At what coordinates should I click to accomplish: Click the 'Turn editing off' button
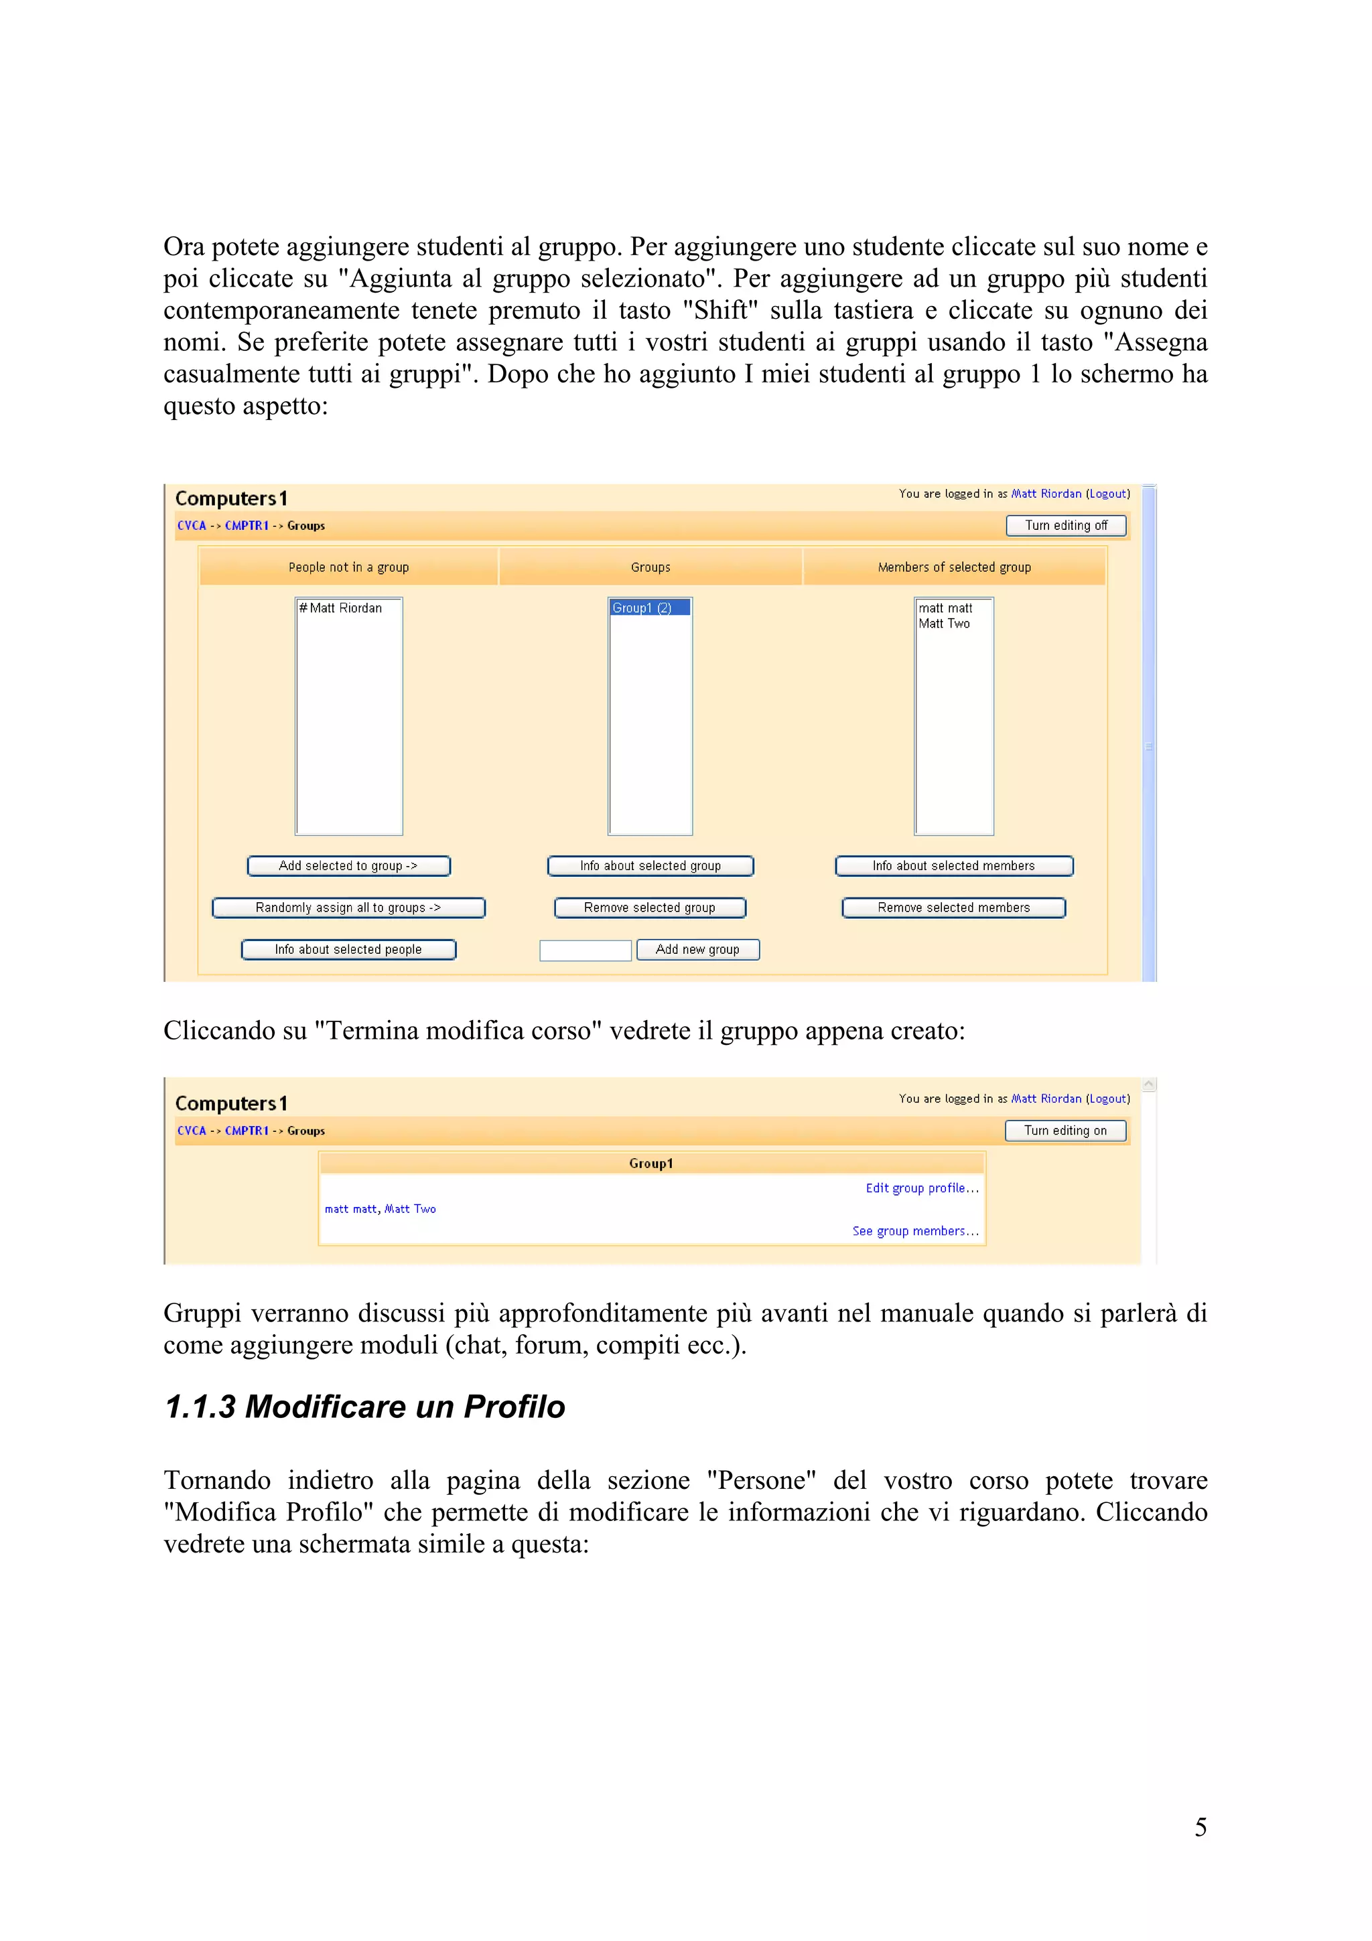[1065, 525]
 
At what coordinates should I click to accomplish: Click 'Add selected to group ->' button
[348, 865]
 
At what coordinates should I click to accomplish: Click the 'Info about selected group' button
[650, 865]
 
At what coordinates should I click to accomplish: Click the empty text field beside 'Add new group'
[585, 950]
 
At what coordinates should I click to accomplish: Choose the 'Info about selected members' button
[953, 865]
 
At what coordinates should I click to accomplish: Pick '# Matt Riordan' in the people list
[341, 608]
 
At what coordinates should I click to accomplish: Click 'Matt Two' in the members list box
[944, 624]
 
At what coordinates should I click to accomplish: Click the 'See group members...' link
[914, 1231]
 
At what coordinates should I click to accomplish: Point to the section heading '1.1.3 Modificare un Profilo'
[364, 1407]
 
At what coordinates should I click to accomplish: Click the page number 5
[1200, 1827]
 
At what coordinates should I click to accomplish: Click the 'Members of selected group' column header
[953, 567]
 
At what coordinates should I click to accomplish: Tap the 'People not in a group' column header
[348, 567]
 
